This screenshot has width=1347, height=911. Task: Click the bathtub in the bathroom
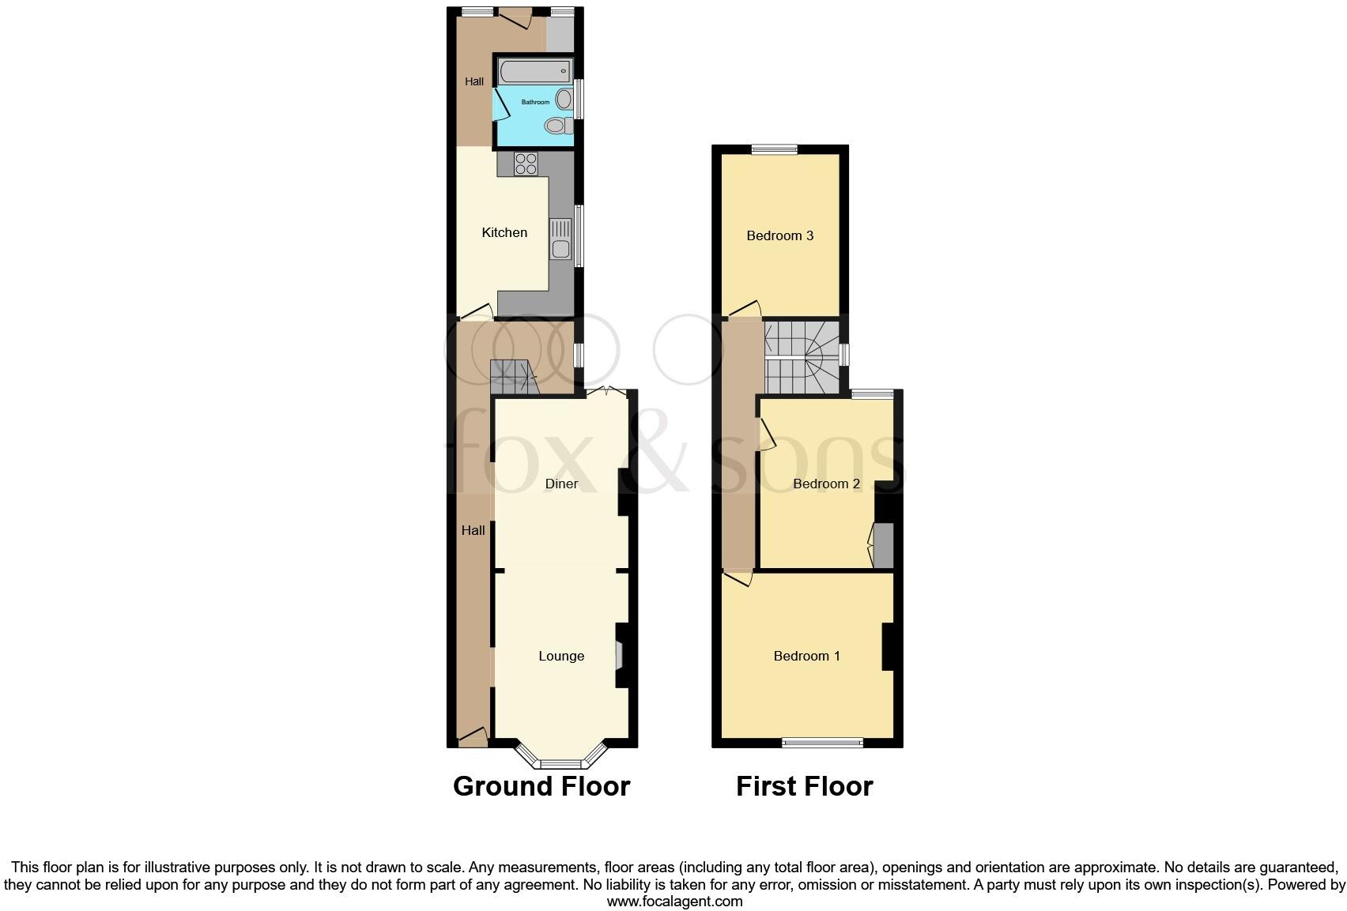pyautogui.click(x=534, y=72)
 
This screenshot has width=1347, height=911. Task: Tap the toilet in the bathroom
pyautogui.click(x=557, y=126)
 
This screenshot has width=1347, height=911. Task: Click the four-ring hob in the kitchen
pyautogui.click(x=526, y=164)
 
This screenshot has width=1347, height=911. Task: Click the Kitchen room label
pyautogui.click(x=504, y=232)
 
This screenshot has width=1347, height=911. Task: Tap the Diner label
pyautogui.click(x=561, y=484)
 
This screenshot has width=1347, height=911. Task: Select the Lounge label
pyautogui.click(x=561, y=656)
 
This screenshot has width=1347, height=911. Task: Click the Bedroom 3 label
pyautogui.click(x=779, y=235)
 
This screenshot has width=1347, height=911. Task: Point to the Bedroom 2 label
pyautogui.click(x=826, y=484)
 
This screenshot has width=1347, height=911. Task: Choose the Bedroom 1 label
pyautogui.click(x=806, y=656)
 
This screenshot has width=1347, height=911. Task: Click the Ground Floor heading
pyautogui.click(x=541, y=786)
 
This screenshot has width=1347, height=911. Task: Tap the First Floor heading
pyautogui.click(x=804, y=786)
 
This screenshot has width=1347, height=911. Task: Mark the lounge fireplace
pyautogui.click(x=620, y=655)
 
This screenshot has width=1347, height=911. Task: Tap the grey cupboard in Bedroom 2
pyautogui.click(x=883, y=545)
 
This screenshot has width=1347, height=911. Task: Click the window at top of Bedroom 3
pyautogui.click(x=774, y=149)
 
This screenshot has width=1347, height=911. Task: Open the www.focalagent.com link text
pyautogui.click(x=674, y=902)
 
